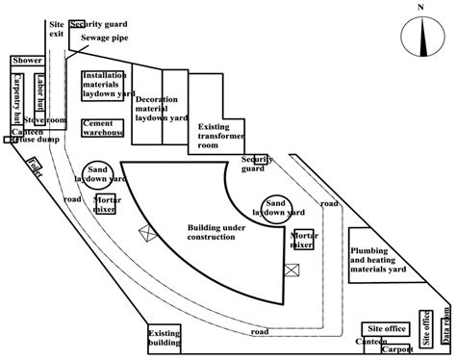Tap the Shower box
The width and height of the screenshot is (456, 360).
(26, 62)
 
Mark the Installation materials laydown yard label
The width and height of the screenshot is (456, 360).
(108, 84)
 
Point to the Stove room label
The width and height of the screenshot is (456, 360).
(52, 121)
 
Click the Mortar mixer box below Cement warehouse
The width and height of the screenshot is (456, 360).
(106, 204)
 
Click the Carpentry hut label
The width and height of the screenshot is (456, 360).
(16, 98)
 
